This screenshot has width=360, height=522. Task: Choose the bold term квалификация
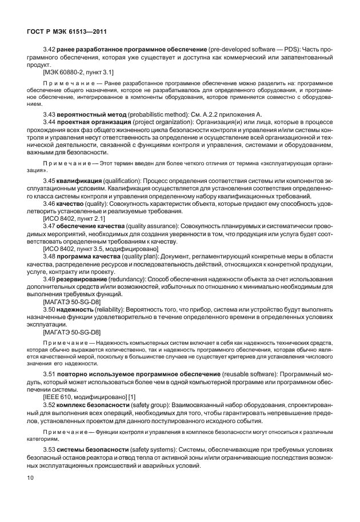pyautogui.click(x=79, y=180)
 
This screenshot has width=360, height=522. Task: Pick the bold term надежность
pyautogui.click(x=77, y=308)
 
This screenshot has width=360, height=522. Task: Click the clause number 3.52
pyautogui.click(x=50, y=404)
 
